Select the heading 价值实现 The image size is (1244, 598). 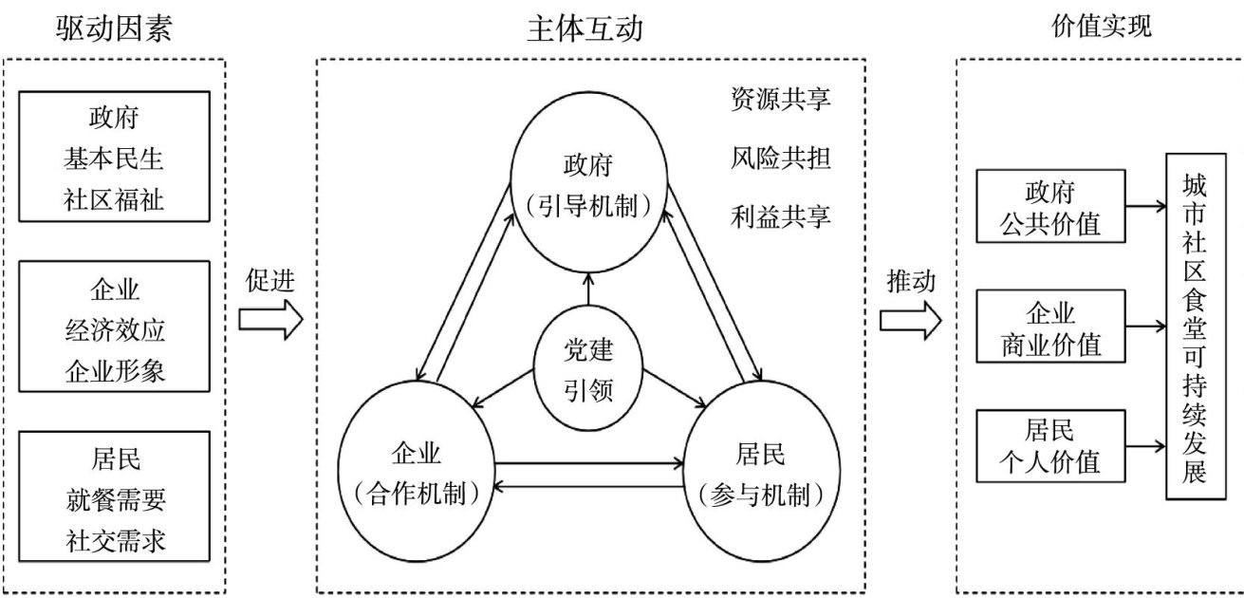(1102, 27)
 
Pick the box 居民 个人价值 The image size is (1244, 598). (1049, 446)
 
